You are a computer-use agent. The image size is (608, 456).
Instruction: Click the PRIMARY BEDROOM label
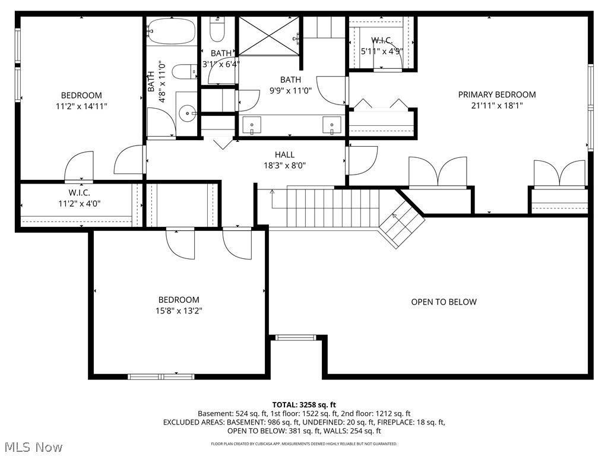496,94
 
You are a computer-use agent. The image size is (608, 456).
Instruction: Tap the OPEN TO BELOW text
444,302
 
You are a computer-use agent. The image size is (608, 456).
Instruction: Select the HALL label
284,154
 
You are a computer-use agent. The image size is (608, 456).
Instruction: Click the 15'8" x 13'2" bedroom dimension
178,311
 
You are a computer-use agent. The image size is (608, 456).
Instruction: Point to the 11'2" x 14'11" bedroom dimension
81,106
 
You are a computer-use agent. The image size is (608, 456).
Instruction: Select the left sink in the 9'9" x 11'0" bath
252,125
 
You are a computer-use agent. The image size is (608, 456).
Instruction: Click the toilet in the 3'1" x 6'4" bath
218,28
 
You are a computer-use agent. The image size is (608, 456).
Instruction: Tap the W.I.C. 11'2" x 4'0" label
75,198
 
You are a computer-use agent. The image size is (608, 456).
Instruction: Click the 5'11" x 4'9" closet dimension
382,51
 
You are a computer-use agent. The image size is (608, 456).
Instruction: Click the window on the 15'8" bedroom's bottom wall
161,376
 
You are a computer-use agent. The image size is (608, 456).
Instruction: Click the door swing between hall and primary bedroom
361,160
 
